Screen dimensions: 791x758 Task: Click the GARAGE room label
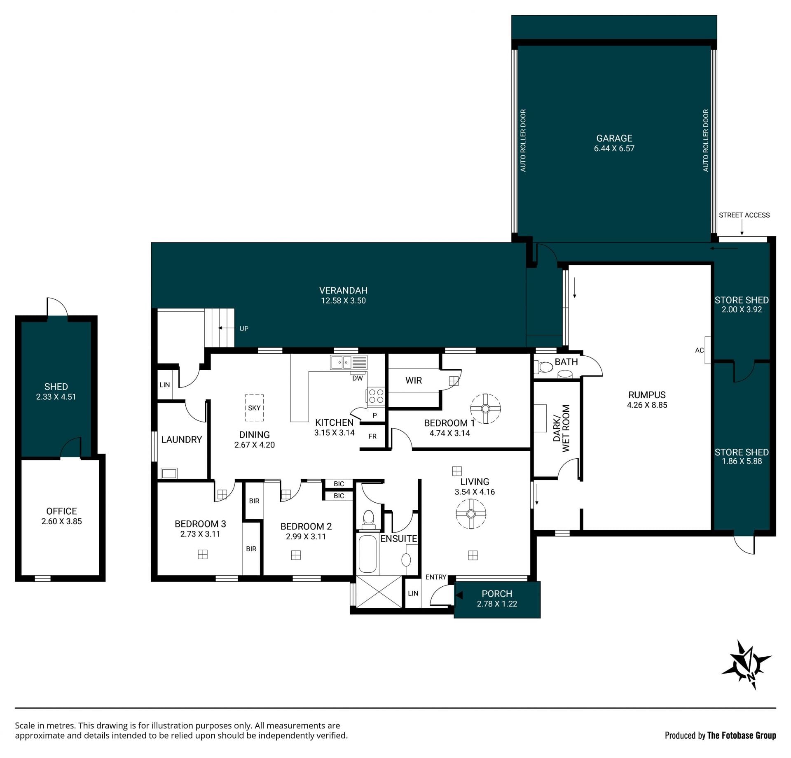point(614,138)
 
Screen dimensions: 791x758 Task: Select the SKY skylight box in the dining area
point(254,408)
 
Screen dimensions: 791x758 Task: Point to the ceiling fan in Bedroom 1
point(485,408)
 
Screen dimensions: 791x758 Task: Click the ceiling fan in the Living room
point(471,514)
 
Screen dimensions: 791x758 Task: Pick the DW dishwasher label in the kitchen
point(358,378)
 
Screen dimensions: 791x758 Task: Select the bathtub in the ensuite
point(367,553)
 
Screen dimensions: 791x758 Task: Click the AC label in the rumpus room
point(699,350)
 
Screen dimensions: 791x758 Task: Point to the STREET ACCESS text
point(744,215)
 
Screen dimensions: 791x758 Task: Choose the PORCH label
point(497,594)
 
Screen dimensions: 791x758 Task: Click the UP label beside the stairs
point(244,329)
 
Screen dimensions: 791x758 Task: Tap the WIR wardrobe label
point(414,380)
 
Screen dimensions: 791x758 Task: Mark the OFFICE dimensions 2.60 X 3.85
point(61,521)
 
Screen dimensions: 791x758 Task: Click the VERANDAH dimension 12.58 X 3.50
point(343,301)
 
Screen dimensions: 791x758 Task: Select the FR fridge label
point(372,436)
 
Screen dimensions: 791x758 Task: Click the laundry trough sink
point(169,473)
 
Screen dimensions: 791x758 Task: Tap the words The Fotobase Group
point(742,735)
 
